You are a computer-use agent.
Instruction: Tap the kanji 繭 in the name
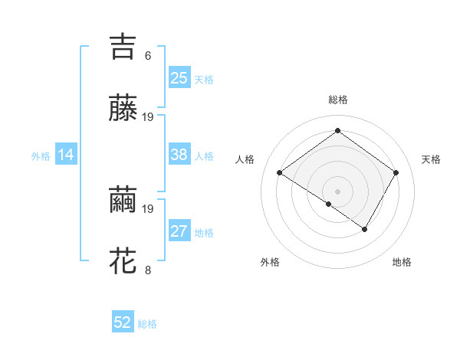[123, 199]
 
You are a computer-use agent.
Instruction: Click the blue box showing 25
[179, 77]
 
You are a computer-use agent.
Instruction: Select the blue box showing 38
[179, 155]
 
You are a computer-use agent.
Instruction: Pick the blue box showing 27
[179, 231]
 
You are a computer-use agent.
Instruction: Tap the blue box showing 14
[66, 155]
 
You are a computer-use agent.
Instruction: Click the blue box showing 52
[123, 322]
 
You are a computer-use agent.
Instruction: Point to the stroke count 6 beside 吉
[148, 55]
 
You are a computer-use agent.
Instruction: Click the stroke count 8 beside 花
[148, 270]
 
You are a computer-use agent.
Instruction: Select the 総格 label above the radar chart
[337, 100]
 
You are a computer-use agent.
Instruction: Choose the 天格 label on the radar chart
[431, 159]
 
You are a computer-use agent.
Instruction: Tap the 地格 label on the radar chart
[402, 262]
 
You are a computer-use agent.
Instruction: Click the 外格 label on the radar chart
[270, 262]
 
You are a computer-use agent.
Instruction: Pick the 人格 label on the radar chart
[245, 159]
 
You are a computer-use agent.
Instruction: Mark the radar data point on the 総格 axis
[337, 131]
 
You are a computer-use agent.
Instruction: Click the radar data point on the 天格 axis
[396, 172]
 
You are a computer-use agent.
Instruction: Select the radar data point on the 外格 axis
[329, 204]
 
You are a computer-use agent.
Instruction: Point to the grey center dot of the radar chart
[337, 191]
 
